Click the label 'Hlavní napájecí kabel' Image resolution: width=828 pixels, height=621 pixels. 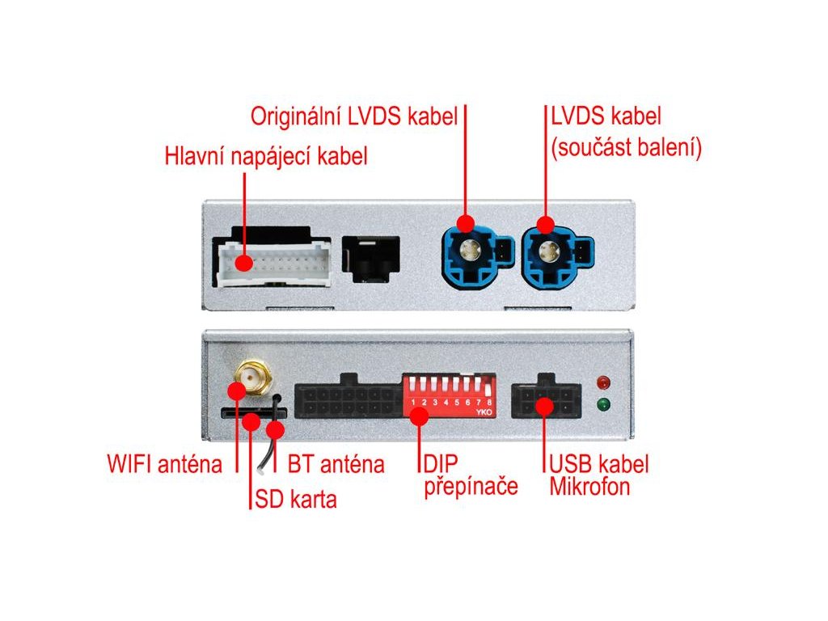click(x=266, y=156)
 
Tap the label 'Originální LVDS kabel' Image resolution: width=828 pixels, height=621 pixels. click(x=354, y=116)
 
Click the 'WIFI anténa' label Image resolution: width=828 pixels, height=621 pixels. click(x=164, y=465)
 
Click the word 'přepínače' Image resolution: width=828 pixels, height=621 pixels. click(x=471, y=488)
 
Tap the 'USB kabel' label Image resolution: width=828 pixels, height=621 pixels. click(x=599, y=465)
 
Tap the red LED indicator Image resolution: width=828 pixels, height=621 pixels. click(x=602, y=382)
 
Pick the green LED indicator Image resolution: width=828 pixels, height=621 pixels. click(x=602, y=405)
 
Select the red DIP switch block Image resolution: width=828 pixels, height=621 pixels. click(x=450, y=395)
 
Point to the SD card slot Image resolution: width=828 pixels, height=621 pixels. click(x=243, y=413)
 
